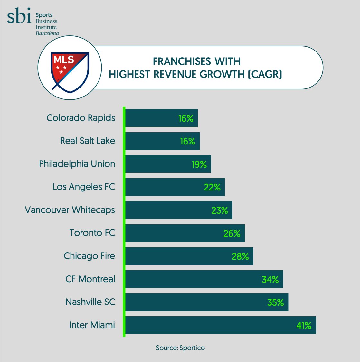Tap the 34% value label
270,279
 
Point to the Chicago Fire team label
89,256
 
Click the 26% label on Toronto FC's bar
232,233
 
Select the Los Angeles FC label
84,187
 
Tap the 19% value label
199,164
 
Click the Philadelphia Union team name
77,164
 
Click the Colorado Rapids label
81,118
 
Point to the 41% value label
304,326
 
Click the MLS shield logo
70,72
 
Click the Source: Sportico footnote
180,348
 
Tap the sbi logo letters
19,16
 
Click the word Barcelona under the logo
47,33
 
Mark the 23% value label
220,210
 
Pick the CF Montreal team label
90,279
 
